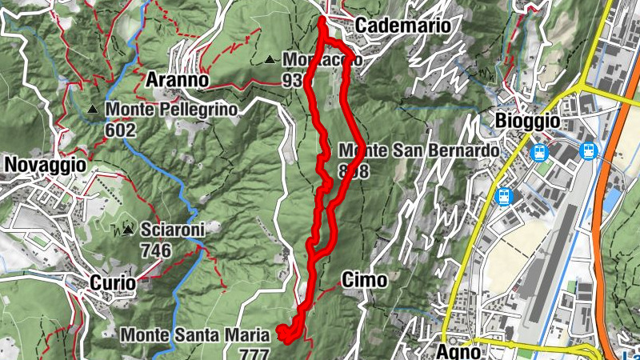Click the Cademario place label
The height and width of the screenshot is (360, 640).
pyautogui.click(x=402, y=26)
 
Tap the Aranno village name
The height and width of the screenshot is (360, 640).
pyautogui.click(x=177, y=80)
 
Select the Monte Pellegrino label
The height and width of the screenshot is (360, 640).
pyautogui.click(x=170, y=109)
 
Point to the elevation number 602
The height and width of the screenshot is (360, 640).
pyautogui.click(x=120, y=130)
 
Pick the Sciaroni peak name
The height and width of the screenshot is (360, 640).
pyautogui.click(x=172, y=230)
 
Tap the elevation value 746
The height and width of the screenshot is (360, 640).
pyautogui.click(x=155, y=250)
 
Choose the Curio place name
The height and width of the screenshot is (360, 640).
pyautogui.click(x=112, y=282)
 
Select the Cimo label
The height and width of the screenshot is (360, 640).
pyautogui.click(x=364, y=280)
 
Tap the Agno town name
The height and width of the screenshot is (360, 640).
pyautogui.click(x=459, y=350)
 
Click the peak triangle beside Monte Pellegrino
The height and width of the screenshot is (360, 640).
pyautogui.click(x=94, y=110)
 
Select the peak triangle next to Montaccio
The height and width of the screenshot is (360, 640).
pyautogui.click(x=270, y=59)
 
